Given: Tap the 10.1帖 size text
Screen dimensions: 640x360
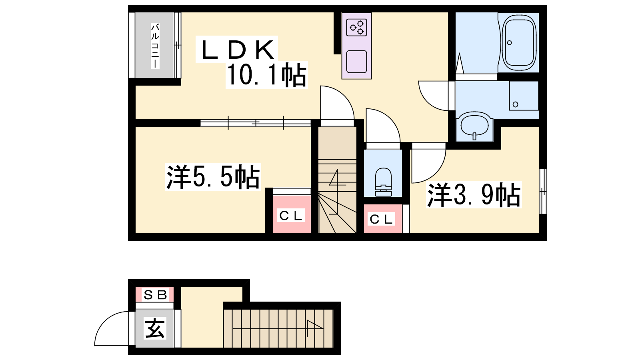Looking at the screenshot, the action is [x=266, y=75].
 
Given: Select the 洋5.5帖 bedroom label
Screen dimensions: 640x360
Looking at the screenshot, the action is [x=213, y=177].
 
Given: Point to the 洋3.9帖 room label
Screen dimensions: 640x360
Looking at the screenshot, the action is [x=474, y=194].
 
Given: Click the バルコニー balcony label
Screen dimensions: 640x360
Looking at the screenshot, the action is [x=155, y=46].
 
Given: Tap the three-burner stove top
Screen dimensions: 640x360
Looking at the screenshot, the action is [x=356, y=27].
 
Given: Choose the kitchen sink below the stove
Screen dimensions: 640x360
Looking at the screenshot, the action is [x=356, y=62].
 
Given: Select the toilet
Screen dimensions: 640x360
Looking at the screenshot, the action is [x=383, y=182].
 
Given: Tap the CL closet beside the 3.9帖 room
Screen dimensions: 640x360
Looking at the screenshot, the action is [x=381, y=219].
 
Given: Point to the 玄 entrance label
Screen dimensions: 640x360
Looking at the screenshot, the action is [x=155, y=328].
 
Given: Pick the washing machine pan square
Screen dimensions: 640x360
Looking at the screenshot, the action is [x=524, y=96].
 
